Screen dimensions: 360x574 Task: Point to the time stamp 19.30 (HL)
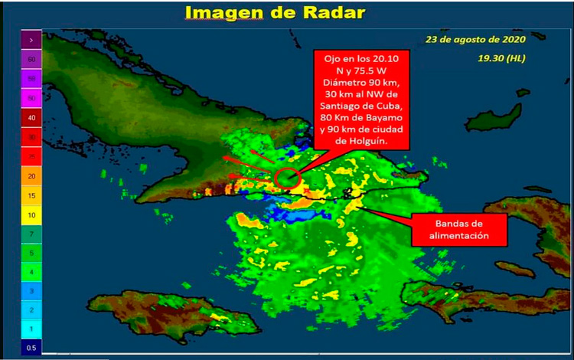click(x=502, y=58)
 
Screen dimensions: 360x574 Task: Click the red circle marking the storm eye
click(x=288, y=178)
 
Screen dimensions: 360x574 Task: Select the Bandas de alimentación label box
click(x=459, y=229)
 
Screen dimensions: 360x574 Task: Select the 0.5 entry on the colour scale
click(x=31, y=349)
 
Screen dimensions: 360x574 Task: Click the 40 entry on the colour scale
click(x=31, y=118)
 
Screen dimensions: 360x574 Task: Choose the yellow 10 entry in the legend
click(x=31, y=214)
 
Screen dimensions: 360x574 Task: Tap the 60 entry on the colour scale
click(x=31, y=59)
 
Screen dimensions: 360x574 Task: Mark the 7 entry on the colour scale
click(x=31, y=233)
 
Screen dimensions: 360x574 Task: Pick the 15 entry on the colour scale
click(x=31, y=195)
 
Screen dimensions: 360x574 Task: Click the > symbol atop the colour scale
click(x=31, y=39)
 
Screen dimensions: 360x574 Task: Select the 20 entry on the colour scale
click(x=31, y=176)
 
